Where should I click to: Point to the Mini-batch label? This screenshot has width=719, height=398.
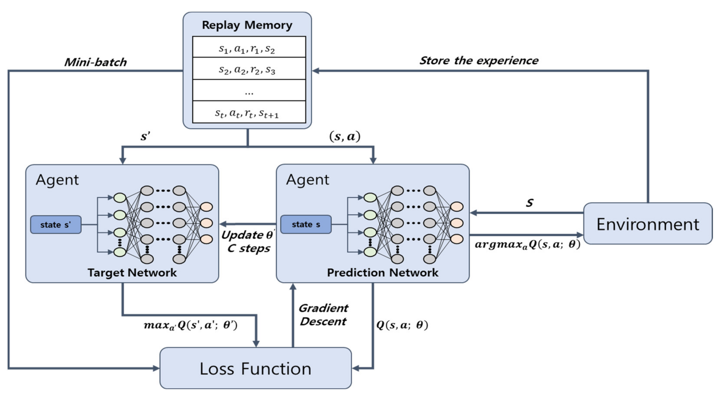(96, 62)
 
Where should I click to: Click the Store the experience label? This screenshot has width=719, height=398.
(479, 61)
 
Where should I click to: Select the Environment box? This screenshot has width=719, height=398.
(648, 224)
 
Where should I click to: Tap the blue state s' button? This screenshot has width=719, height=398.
(56, 225)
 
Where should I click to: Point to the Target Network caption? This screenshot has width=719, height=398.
(132, 273)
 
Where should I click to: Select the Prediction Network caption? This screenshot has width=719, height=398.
(382, 273)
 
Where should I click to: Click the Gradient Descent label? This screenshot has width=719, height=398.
(323, 315)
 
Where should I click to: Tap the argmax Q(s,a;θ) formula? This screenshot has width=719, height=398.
(527, 244)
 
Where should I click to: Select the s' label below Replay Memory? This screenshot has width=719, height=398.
(145, 137)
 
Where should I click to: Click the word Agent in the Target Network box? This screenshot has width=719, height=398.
(57, 180)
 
